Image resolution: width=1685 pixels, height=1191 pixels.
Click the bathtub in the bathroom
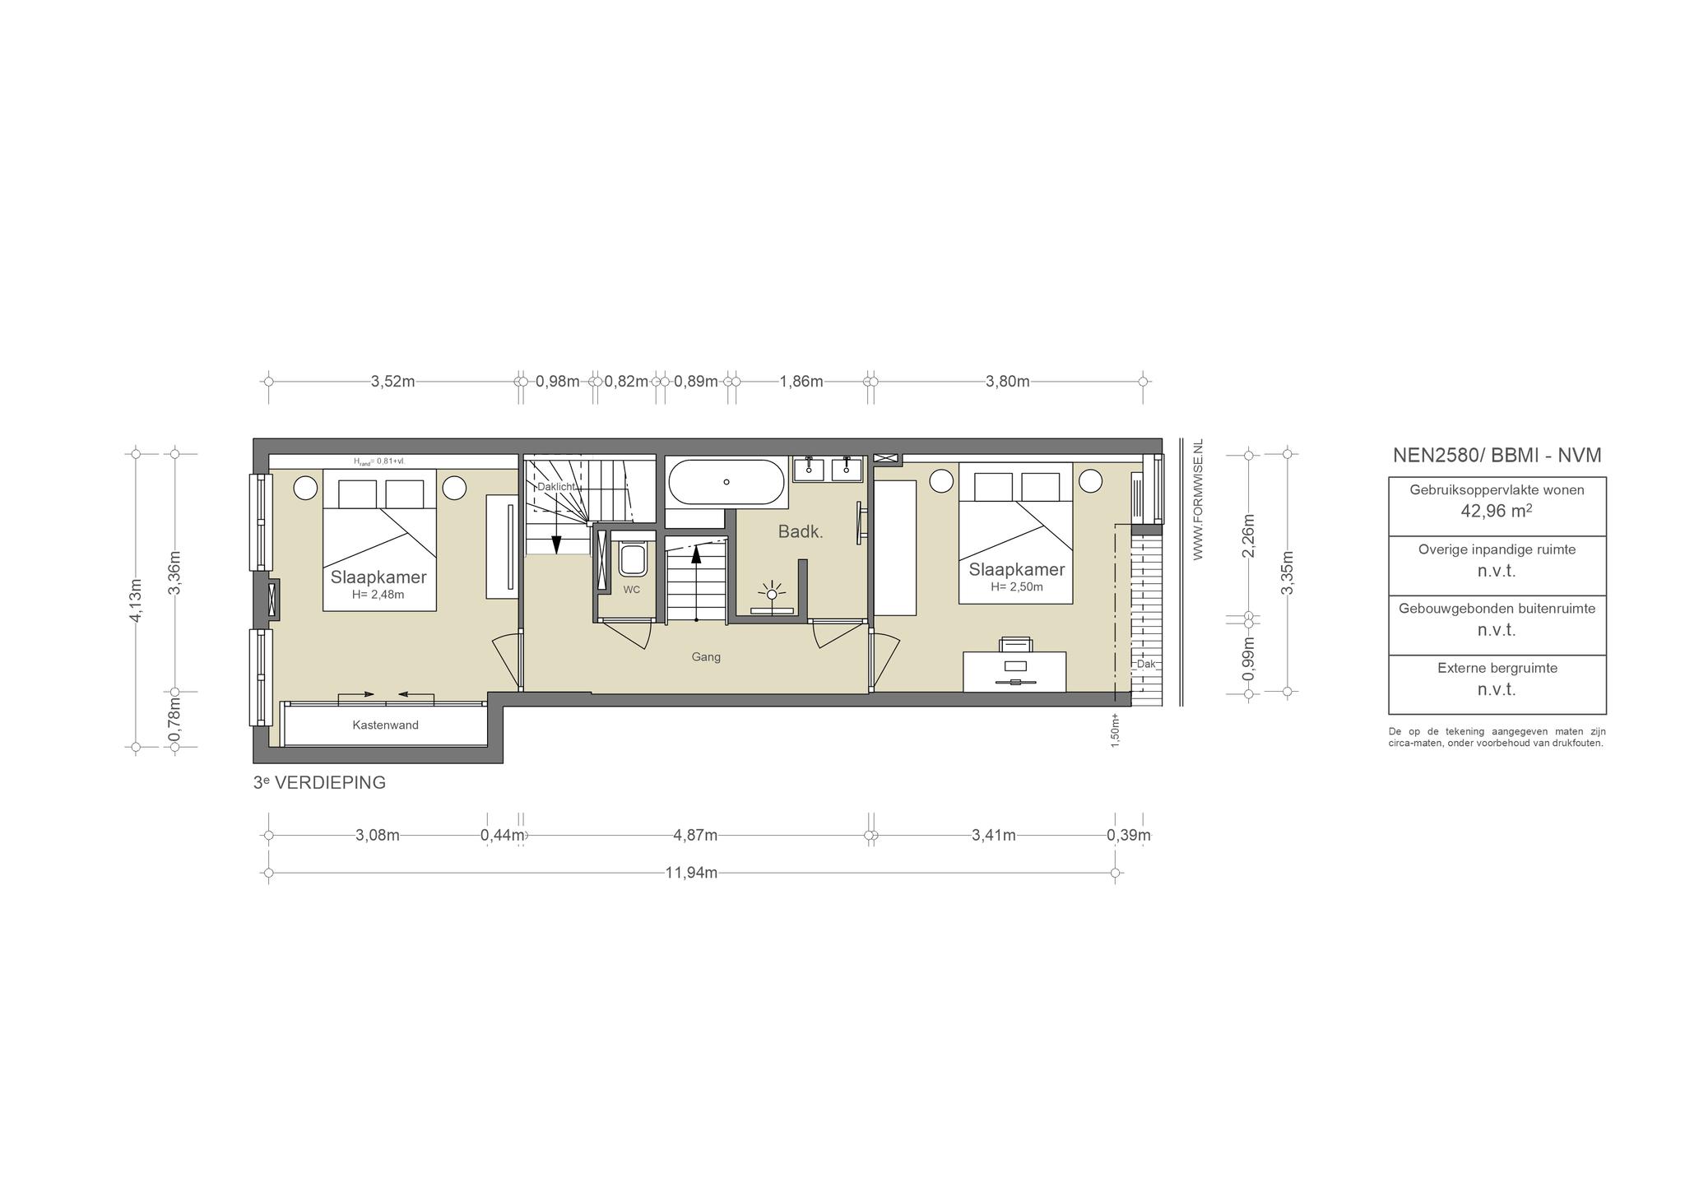[726, 481]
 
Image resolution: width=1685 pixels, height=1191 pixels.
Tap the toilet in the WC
[633, 558]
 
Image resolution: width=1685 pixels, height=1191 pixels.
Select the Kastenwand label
[385, 725]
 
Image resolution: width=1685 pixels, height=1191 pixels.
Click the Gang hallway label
[706, 657]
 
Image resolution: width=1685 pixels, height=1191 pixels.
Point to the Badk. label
[801, 532]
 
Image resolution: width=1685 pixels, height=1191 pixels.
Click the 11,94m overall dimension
[691, 873]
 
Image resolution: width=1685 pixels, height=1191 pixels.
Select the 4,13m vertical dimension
[137, 600]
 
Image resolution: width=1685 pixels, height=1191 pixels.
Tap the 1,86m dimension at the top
[801, 382]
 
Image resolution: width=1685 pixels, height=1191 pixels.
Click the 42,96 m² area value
[1497, 511]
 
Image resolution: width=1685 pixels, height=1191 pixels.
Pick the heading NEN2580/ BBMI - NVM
[1497, 456]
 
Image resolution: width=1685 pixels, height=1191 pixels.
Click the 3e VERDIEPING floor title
[319, 783]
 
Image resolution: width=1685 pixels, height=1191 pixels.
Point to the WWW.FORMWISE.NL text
[1198, 499]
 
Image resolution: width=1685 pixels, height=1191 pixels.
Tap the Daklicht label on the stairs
[556, 487]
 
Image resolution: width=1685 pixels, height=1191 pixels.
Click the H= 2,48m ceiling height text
[378, 595]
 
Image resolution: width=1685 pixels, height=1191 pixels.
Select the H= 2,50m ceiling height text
[1017, 587]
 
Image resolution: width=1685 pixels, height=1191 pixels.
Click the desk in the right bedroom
[1014, 672]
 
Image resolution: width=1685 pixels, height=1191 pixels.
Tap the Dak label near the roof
[1146, 664]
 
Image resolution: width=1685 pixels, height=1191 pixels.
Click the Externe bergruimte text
[1497, 669]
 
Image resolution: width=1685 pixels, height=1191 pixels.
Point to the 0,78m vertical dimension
[174, 720]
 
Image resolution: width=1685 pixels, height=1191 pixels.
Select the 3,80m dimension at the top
[1008, 382]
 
